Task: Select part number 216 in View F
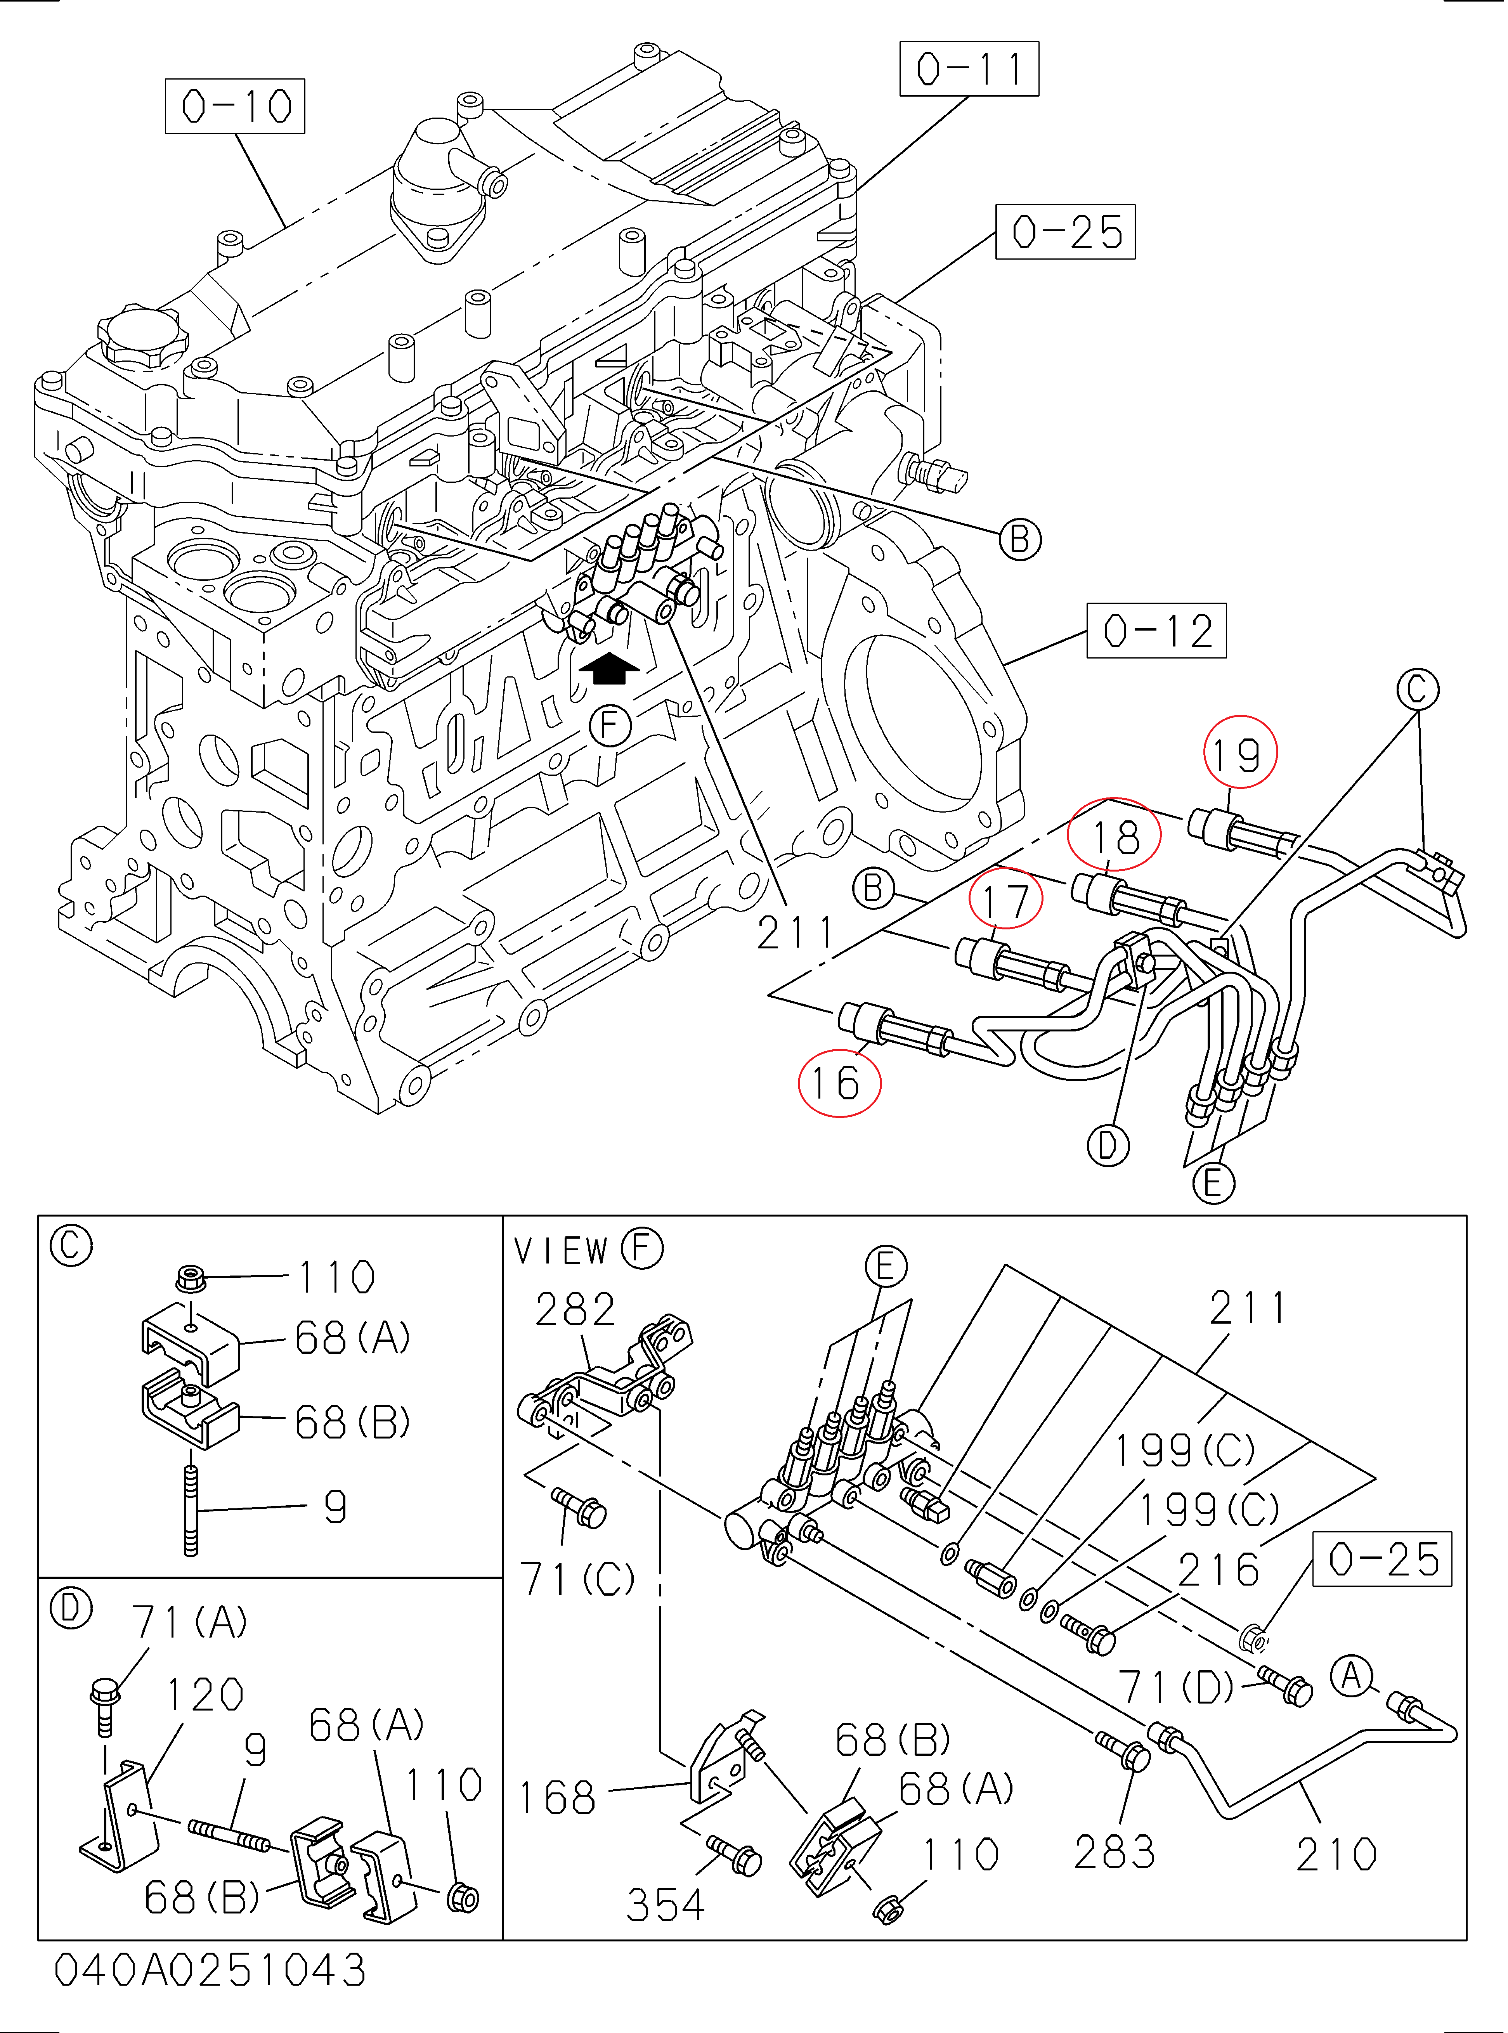click(x=1219, y=1570)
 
